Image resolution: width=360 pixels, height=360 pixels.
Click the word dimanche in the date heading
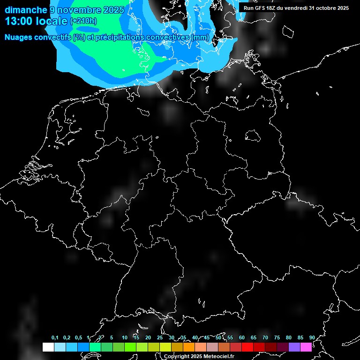pos(26,10)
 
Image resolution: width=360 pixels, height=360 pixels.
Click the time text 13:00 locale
pos(36,21)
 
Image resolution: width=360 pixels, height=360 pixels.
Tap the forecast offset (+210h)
pos(83,21)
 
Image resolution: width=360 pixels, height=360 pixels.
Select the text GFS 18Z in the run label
pos(268,8)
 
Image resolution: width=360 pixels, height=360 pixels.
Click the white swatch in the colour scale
pos(48,347)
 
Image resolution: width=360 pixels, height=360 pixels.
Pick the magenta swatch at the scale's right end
pos(306,347)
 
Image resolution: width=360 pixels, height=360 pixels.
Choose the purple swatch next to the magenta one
pos(294,347)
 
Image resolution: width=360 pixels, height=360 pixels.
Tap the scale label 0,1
pos(55,338)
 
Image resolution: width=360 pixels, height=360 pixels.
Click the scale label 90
pos(312,338)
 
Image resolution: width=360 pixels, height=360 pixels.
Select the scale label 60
pos(242,338)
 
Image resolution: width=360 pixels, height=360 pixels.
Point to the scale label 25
pos(160,338)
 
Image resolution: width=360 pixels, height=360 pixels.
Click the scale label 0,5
pos(78,338)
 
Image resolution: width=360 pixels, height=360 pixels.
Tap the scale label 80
pos(288,338)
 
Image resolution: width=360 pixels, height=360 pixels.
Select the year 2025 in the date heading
pos(113,10)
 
